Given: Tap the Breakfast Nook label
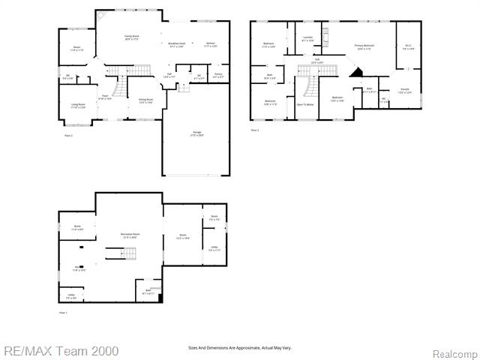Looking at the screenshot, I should (x=177, y=44).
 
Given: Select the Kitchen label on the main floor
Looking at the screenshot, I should (x=212, y=44).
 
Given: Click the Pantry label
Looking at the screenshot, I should (x=218, y=75).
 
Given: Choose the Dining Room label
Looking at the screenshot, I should (x=145, y=100).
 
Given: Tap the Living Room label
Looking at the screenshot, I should (x=78, y=106).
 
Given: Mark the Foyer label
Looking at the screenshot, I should (x=105, y=97).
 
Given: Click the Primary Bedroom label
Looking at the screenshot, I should (x=365, y=46).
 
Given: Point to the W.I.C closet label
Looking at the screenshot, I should (x=409, y=47).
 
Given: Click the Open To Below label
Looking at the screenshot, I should (x=304, y=104).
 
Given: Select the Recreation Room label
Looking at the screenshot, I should (x=130, y=235).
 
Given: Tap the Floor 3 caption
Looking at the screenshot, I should (x=255, y=130).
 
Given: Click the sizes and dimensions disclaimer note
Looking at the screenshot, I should (x=239, y=347).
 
